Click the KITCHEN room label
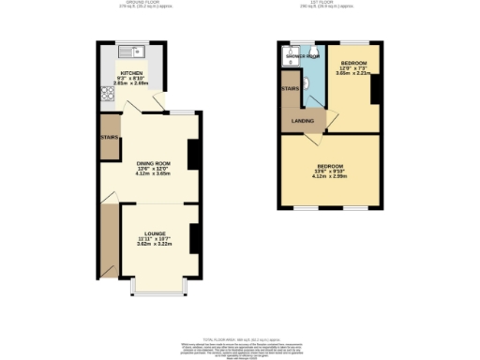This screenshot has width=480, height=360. pos(131,72)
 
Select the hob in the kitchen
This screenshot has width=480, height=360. pos(104,94)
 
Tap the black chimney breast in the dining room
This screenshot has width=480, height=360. pos(194,154)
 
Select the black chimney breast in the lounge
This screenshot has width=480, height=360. pos(194,238)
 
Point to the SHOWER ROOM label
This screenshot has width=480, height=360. pos(302,56)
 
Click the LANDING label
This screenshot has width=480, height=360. pos(302,121)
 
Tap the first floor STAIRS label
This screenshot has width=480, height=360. pos(290,89)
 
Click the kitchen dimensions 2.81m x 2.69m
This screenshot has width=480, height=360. pos(131,82)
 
